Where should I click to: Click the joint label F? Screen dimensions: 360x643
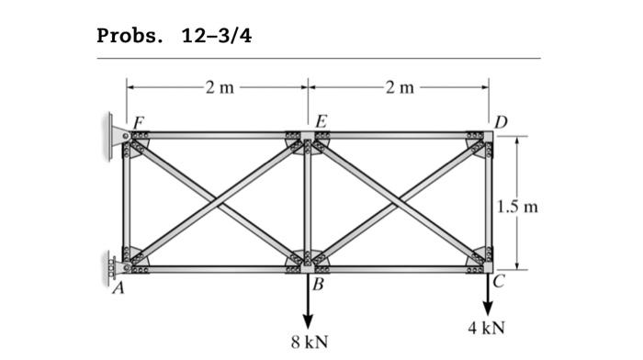click(x=139, y=120)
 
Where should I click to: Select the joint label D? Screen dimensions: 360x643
click(x=500, y=119)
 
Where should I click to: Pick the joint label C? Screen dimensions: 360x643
click(x=500, y=283)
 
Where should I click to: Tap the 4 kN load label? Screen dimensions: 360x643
click(x=487, y=327)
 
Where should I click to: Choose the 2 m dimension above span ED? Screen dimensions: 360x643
click(x=400, y=88)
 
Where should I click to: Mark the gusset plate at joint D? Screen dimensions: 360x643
click(x=479, y=141)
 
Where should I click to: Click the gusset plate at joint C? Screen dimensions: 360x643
click(x=479, y=263)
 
